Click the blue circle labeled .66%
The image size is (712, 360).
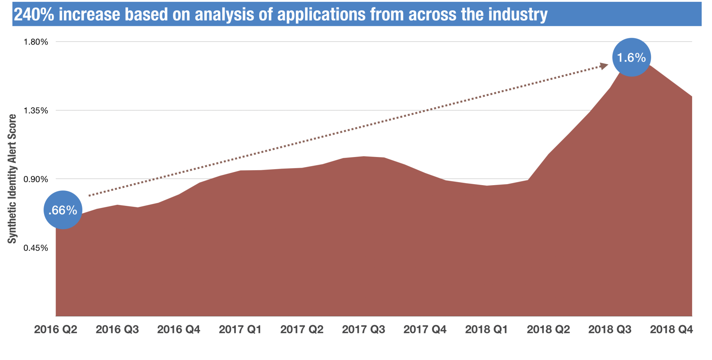pyautogui.click(x=63, y=210)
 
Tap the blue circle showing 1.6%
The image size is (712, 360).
pyautogui.click(x=632, y=57)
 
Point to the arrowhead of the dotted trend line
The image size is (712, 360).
pyautogui.click(x=604, y=66)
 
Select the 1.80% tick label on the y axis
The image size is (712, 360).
pyautogui.click(x=36, y=42)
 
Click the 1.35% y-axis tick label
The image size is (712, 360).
pyautogui.click(x=36, y=110)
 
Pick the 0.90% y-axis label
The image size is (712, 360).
pyautogui.click(x=36, y=179)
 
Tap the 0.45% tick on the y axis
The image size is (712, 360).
pyautogui.click(x=36, y=248)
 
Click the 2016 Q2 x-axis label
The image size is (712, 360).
pyautogui.click(x=56, y=329)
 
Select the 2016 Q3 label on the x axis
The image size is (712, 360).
pyautogui.click(x=117, y=329)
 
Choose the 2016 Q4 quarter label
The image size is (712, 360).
pyautogui.click(x=179, y=329)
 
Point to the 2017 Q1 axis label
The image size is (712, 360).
pyautogui.click(x=240, y=329)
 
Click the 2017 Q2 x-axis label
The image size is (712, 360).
pyautogui.click(x=302, y=329)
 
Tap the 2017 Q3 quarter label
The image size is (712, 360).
pyautogui.click(x=363, y=329)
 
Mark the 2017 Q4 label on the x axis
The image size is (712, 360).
pyautogui.click(x=425, y=329)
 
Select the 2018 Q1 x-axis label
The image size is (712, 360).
pyautogui.click(x=486, y=329)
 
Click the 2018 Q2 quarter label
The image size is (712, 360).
pyautogui.click(x=548, y=329)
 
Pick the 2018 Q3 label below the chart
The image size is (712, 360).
pyautogui.click(x=610, y=329)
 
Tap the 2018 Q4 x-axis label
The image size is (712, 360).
pyautogui.click(x=671, y=329)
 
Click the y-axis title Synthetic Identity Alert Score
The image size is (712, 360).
pyautogui.click(x=12, y=179)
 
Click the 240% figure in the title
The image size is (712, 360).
pyautogui.click(x=34, y=14)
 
